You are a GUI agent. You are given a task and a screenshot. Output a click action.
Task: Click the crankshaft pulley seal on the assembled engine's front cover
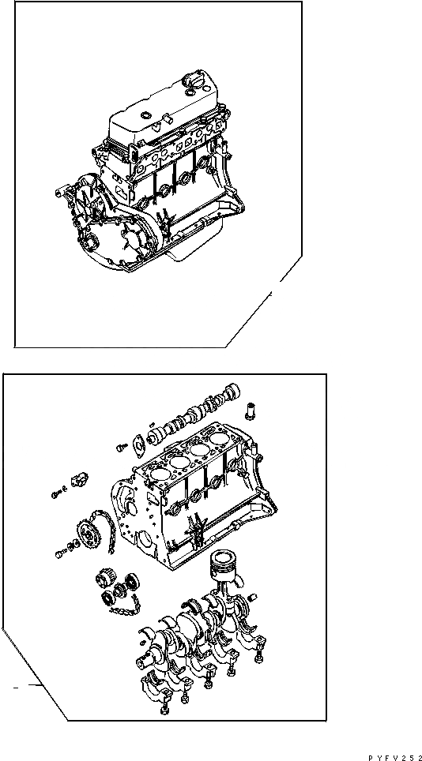click(91, 242)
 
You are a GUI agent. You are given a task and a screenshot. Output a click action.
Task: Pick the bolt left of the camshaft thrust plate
click(121, 447)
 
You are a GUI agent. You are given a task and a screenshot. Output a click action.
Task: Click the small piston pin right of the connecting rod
click(255, 594)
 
